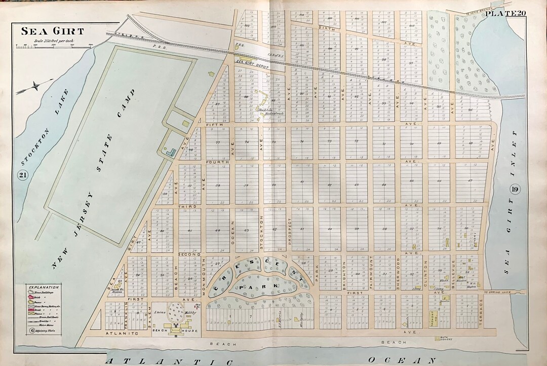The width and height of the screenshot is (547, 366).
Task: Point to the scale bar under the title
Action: click(54, 46)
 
